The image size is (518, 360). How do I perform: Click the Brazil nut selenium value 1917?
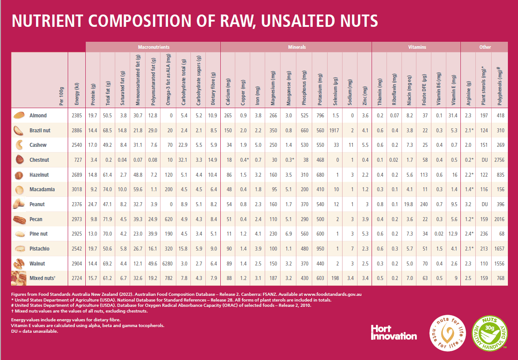pyautogui.click(x=334, y=131)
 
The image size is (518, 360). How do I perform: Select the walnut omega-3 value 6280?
pyautogui.click(x=168, y=264)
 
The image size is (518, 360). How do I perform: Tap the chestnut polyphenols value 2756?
pyautogui.click(x=499, y=160)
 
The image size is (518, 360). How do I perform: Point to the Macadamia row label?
pyautogui.click(x=42, y=189)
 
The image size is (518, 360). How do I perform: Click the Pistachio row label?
pyautogui.click(x=39, y=249)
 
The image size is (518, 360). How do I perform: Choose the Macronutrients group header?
pyautogui.click(x=153, y=47)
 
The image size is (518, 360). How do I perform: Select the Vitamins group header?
pyautogui.click(x=417, y=47)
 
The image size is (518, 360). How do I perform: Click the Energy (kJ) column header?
pyautogui.click(x=77, y=94)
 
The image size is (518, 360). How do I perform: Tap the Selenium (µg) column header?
pyautogui.click(x=335, y=91)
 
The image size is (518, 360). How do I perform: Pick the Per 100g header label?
pyautogui.click(x=62, y=96)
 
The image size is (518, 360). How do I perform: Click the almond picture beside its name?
pyautogui.click(x=19, y=115)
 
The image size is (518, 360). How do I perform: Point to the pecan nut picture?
pyautogui.click(x=19, y=219)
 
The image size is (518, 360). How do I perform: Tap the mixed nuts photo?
pyautogui.click(x=18, y=278)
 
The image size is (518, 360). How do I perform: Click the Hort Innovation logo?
pyautogui.click(x=394, y=333)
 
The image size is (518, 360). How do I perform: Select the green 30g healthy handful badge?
pyautogui.click(x=489, y=333)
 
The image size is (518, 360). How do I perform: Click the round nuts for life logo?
pyautogui.click(x=447, y=333)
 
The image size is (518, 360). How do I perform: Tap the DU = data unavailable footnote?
pyautogui.click(x=35, y=331)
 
